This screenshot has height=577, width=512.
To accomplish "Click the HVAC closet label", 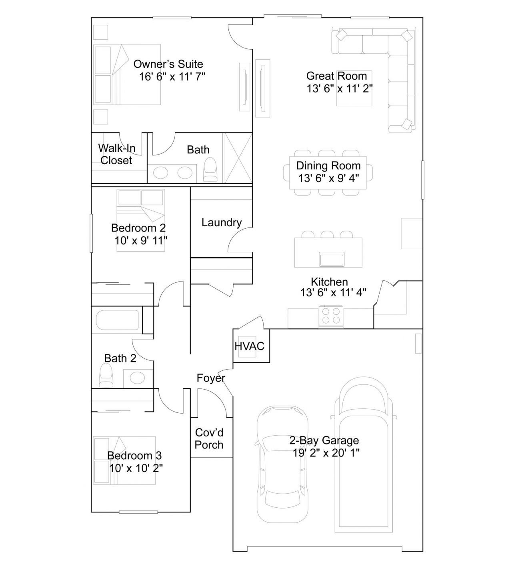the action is tap(249, 346).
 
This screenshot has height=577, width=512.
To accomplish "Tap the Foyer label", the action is tap(211, 378).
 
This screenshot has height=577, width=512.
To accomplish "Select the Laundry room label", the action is tap(222, 222).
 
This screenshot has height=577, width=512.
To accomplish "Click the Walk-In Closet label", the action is tap(116, 154).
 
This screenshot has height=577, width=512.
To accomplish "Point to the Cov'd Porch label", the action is tap(209, 438).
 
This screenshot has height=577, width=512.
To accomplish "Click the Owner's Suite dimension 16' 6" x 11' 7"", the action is tap(172, 76).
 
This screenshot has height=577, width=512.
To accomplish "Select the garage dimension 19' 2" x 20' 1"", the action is tap(326, 452).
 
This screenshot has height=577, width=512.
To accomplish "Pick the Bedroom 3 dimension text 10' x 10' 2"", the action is tap(136, 468).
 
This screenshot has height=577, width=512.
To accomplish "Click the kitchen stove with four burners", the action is tap(331, 316).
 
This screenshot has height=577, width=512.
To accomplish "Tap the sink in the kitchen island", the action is tap(332, 259).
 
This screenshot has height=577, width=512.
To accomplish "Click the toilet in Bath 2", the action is tap(106, 376).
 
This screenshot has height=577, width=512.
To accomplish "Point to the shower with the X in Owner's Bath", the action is tap(238, 158).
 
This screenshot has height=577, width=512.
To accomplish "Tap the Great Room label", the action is tap(336, 76).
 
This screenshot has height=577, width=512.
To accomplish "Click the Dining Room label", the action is tap(328, 165).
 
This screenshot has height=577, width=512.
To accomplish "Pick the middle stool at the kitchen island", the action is tap(327, 234).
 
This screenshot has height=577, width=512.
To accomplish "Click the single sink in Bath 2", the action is tap(138, 378).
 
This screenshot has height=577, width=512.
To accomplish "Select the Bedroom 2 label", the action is tap(138, 228).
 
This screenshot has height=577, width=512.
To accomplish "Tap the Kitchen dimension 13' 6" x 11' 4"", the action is tap(333, 292).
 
